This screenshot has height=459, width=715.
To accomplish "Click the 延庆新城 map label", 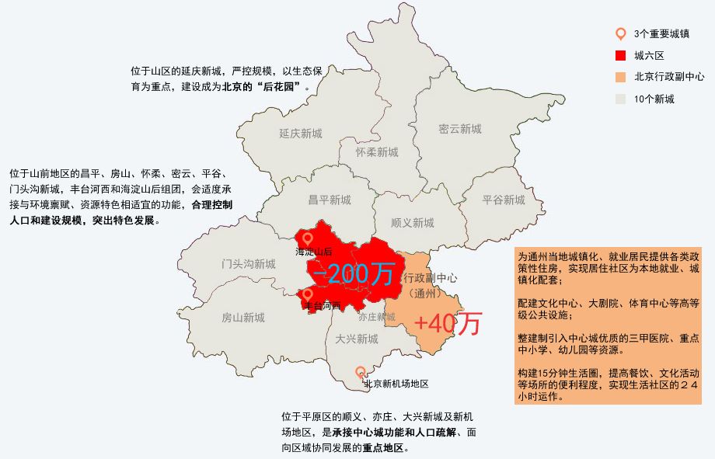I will [x=300, y=134].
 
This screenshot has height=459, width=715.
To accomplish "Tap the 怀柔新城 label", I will [x=377, y=152].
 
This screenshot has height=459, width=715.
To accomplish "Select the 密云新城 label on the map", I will [x=459, y=129].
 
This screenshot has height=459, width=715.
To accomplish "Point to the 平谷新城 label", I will [x=504, y=200].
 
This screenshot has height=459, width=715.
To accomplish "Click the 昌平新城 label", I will [x=330, y=200].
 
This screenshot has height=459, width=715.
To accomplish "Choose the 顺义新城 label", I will [x=413, y=223].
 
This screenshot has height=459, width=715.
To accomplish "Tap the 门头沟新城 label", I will [x=248, y=264].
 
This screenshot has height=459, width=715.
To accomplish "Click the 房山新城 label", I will [x=242, y=318].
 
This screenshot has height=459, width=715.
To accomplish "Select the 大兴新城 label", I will [x=357, y=339].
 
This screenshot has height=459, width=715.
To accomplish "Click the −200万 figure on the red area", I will [x=353, y=273].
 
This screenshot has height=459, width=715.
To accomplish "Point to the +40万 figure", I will [x=448, y=324].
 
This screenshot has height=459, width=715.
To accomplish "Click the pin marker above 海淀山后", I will [x=308, y=238].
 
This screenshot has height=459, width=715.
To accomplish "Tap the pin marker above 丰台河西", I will [x=308, y=294].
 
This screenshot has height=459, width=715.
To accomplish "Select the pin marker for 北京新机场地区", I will [x=361, y=372].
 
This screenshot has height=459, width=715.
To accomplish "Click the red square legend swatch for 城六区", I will [x=620, y=55].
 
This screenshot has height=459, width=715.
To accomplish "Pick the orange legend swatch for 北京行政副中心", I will [x=620, y=77].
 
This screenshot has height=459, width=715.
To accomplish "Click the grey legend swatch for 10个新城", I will [x=620, y=99].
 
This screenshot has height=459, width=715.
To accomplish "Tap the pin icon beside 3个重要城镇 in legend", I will [x=620, y=33].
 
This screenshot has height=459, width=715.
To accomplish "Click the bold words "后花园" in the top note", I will [x=278, y=87].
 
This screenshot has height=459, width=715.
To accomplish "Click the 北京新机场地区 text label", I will [x=396, y=384].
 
